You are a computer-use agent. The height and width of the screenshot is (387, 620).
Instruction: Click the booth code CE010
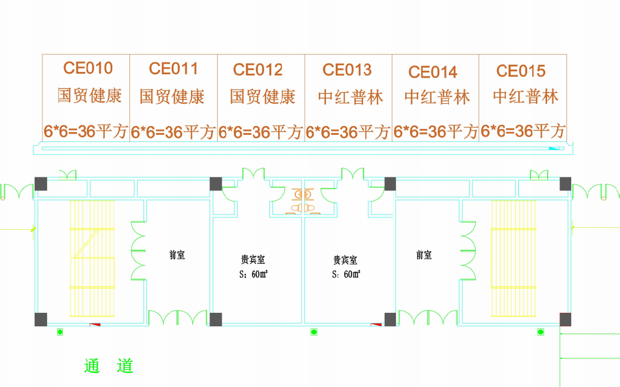(x=88, y=68)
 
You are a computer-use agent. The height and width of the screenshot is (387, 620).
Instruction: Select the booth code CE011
(x=174, y=68)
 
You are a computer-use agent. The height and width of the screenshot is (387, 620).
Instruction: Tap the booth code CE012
(x=258, y=70)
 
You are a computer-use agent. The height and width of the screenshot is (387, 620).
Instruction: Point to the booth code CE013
(x=347, y=70)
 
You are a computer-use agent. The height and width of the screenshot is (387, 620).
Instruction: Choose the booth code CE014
(x=433, y=72)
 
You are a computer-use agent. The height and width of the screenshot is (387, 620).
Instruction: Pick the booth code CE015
(x=521, y=71)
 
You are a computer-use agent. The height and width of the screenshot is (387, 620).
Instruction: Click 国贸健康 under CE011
(x=172, y=97)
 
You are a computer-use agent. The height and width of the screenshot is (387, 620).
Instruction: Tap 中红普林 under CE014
(x=437, y=97)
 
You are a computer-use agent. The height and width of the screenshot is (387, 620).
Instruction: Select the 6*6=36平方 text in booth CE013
(x=348, y=133)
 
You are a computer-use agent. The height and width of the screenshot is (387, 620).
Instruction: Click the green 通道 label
(x=109, y=366)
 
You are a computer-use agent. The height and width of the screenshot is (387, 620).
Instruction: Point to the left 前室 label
(x=176, y=255)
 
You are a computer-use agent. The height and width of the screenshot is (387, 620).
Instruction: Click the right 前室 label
(x=424, y=255)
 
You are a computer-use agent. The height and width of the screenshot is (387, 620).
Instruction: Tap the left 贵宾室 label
(x=252, y=260)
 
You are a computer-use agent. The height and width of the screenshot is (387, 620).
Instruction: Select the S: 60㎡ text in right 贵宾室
(x=346, y=274)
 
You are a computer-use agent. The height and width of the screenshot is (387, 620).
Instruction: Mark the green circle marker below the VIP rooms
(x=314, y=332)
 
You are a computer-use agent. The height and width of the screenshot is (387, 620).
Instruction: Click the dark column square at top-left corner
(x=41, y=183)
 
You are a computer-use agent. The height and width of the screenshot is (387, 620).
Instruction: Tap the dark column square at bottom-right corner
(x=565, y=319)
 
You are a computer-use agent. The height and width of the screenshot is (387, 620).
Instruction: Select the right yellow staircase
(x=514, y=259)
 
